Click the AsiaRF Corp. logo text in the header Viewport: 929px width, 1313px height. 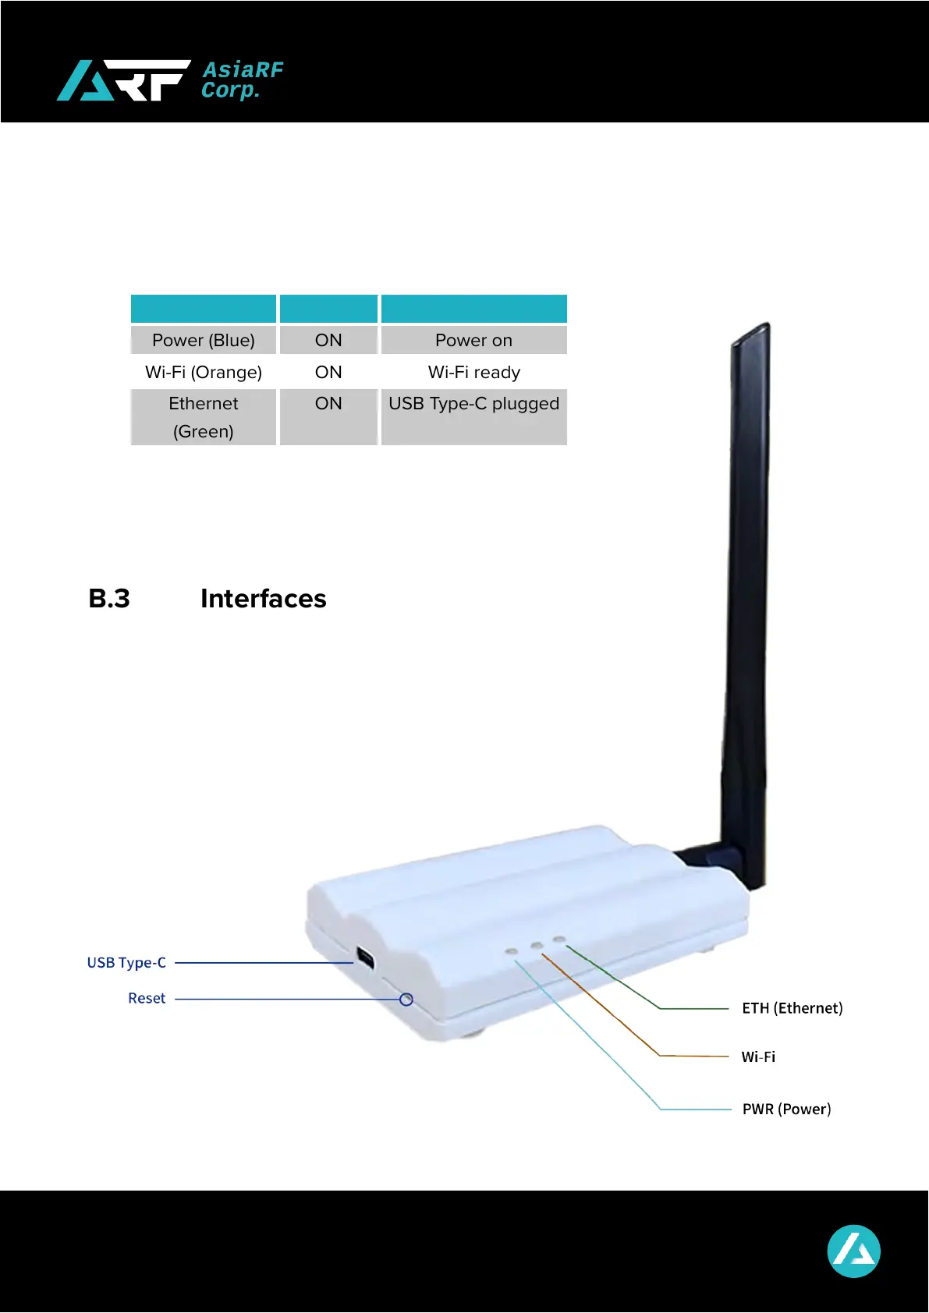(x=242, y=80)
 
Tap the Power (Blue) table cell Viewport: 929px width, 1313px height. (x=204, y=341)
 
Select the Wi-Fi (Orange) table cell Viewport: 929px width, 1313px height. (x=204, y=373)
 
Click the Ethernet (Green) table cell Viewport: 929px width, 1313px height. (x=204, y=417)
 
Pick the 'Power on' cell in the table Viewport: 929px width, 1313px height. (x=473, y=341)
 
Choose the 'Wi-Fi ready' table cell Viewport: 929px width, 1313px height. (x=473, y=373)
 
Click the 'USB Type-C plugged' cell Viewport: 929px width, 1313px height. (x=473, y=404)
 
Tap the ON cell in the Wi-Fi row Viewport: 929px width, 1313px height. (x=328, y=373)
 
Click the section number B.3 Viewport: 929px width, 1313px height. (x=109, y=599)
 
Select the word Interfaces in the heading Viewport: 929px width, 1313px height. (x=264, y=599)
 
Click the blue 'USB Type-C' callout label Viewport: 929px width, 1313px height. (x=126, y=963)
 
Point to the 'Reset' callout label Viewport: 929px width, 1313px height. (x=147, y=999)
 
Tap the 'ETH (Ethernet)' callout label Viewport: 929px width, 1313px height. (x=792, y=1008)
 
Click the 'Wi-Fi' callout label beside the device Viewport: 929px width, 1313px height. (x=758, y=1057)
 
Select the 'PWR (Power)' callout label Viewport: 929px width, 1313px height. (x=786, y=1110)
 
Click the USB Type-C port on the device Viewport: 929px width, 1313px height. (x=365, y=958)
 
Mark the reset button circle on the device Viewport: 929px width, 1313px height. (x=406, y=1000)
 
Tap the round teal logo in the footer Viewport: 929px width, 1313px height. (x=853, y=1251)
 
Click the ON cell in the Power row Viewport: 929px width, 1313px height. (x=328, y=341)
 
